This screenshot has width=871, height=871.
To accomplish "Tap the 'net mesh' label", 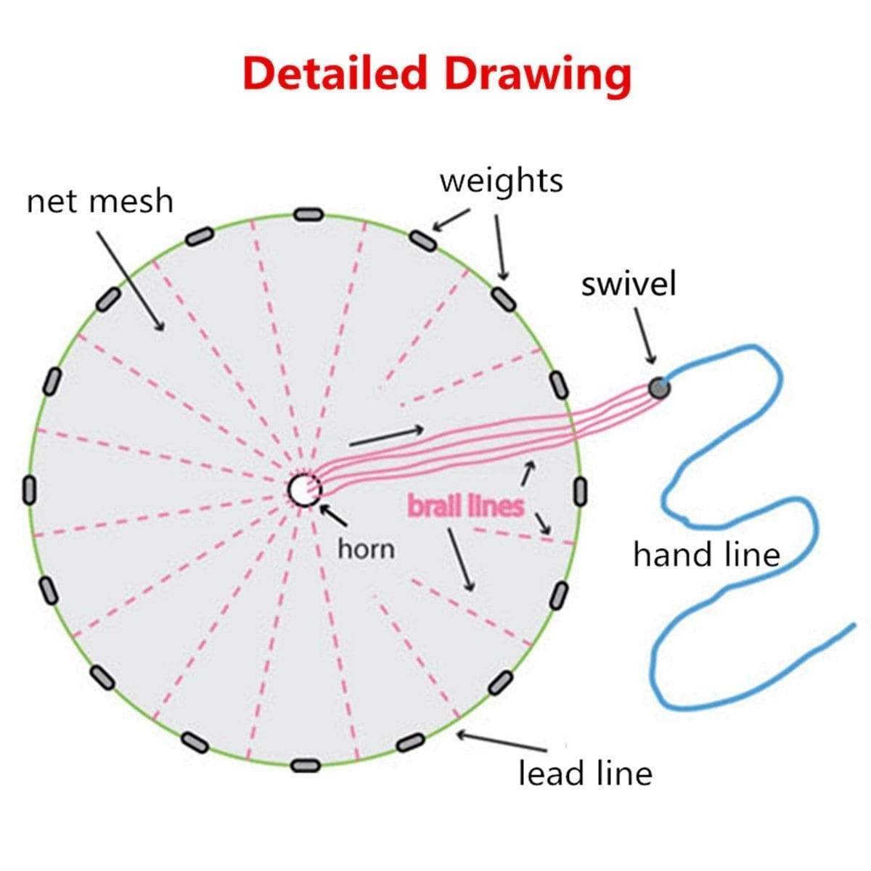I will click(x=100, y=201).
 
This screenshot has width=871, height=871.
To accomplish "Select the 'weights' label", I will click(x=501, y=180).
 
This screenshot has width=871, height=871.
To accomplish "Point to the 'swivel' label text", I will click(x=628, y=284).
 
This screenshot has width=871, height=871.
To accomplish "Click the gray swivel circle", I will click(x=659, y=388).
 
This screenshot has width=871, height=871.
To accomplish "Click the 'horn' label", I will click(x=367, y=549).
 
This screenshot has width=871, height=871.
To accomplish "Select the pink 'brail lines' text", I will click(x=465, y=506).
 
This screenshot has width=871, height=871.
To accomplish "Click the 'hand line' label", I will click(x=706, y=555).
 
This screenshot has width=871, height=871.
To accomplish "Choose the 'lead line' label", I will click(x=585, y=773).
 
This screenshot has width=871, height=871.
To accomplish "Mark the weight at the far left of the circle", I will click(x=30, y=490).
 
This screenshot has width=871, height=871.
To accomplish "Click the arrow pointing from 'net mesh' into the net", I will click(x=131, y=280).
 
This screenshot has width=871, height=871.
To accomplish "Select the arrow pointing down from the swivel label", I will click(x=644, y=335).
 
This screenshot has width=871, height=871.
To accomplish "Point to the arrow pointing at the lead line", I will click(x=501, y=742).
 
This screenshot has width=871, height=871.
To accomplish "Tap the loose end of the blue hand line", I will click(x=851, y=623).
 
